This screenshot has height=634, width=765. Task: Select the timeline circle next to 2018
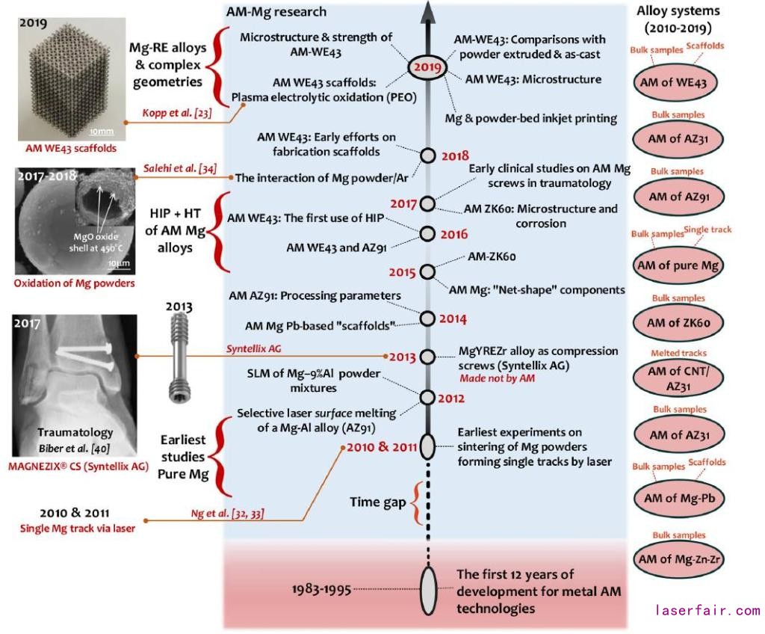tap(427, 156)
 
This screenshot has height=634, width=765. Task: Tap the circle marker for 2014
tap(427, 318)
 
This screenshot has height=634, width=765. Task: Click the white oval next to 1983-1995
tap(427, 589)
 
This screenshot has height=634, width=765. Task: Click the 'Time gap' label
tap(377, 501)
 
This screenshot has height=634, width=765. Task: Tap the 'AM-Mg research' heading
tap(276, 13)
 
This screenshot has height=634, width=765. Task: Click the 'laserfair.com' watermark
tap(707, 611)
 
